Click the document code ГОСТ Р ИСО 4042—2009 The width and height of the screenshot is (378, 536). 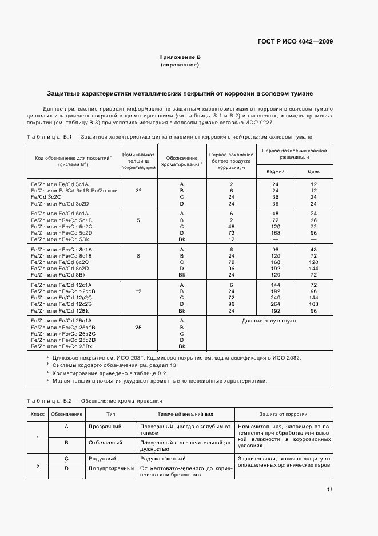coord(297,41)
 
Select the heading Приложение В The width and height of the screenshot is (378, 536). coord(180,58)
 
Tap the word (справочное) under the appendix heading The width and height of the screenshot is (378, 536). coord(180,65)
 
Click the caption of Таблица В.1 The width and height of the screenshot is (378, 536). coord(170,137)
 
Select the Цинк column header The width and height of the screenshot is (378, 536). coord(313,171)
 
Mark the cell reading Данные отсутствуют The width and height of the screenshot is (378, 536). coord(269,321)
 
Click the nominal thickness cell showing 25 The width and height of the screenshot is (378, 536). coord(138,328)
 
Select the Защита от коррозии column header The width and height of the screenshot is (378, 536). coord(284,414)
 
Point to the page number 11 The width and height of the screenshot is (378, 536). coord(330,490)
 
